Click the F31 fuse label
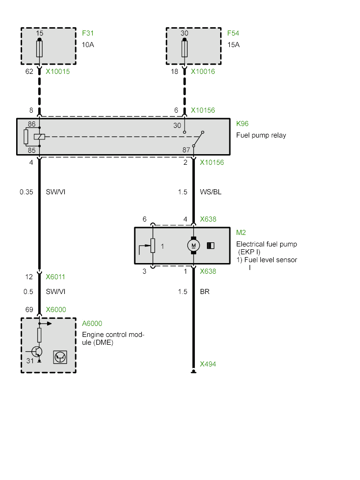[x=88, y=33]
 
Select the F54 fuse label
[x=233, y=33]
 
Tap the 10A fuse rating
[x=88, y=45]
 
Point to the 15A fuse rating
[x=233, y=45]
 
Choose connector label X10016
[x=203, y=72]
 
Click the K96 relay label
[x=242, y=124]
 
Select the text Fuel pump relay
[x=261, y=135]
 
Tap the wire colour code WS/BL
[x=210, y=192]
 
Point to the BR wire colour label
[x=204, y=292]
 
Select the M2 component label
[x=241, y=232]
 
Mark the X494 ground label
[x=208, y=364]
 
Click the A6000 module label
[x=92, y=324]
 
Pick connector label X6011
[x=56, y=277]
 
